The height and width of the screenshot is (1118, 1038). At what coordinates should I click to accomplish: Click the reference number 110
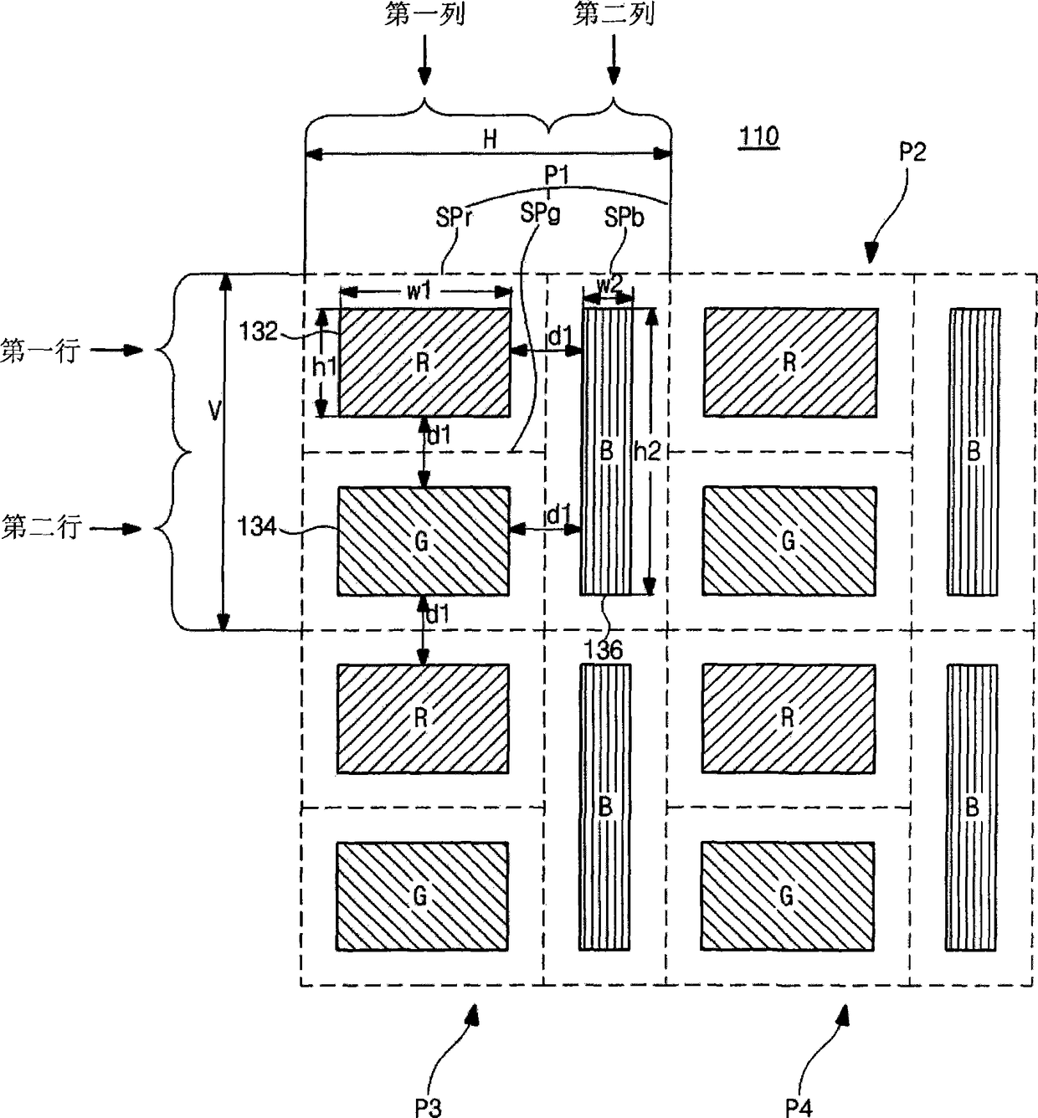pos(758,136)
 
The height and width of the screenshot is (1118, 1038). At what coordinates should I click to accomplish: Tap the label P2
pos(912,151)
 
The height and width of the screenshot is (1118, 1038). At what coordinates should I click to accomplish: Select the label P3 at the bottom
pos(427,1107)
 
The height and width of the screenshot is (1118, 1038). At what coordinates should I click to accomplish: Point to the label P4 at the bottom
pos(798,1107)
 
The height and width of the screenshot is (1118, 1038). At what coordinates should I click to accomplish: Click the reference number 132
pos(259,331)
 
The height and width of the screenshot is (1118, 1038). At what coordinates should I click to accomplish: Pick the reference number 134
pos(258,527)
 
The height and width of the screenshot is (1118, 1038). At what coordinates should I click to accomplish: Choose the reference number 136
pos(604,650)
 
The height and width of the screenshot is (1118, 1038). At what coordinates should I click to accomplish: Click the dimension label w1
pos(419,290)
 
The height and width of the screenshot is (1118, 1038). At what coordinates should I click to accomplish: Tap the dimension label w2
pos(609,284)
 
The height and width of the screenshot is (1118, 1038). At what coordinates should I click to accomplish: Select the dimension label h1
pos(324,366)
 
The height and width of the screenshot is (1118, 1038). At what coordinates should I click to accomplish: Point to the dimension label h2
pos(647,452)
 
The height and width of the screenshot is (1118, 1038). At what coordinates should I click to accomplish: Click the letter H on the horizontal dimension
pos(491,139)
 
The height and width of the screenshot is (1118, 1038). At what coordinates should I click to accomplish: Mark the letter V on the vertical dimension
pos(215,411)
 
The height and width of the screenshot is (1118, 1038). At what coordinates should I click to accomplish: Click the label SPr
pos(455,218)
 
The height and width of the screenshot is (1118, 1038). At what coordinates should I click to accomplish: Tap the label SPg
pos(539,213)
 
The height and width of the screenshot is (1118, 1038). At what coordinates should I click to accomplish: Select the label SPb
pos(624,218)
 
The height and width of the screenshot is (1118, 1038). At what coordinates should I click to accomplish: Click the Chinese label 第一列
pos(425,15)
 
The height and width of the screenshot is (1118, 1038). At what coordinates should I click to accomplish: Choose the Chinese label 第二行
pos(41,527)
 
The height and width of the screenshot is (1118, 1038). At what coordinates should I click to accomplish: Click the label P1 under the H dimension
pos(557,175)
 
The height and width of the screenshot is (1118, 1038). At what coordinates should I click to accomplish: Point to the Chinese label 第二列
pos(614,15)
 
